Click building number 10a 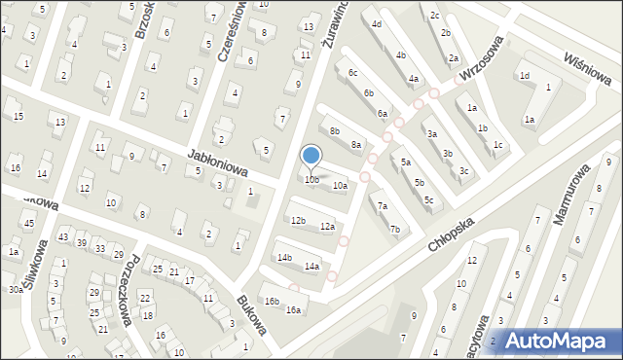(340, 185)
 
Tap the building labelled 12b (298, 221)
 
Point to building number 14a (311, 266)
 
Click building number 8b (334, 130)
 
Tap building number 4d (376, 23)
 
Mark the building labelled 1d (524, 75)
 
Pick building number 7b (394, 230)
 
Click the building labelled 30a (16, 289)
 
